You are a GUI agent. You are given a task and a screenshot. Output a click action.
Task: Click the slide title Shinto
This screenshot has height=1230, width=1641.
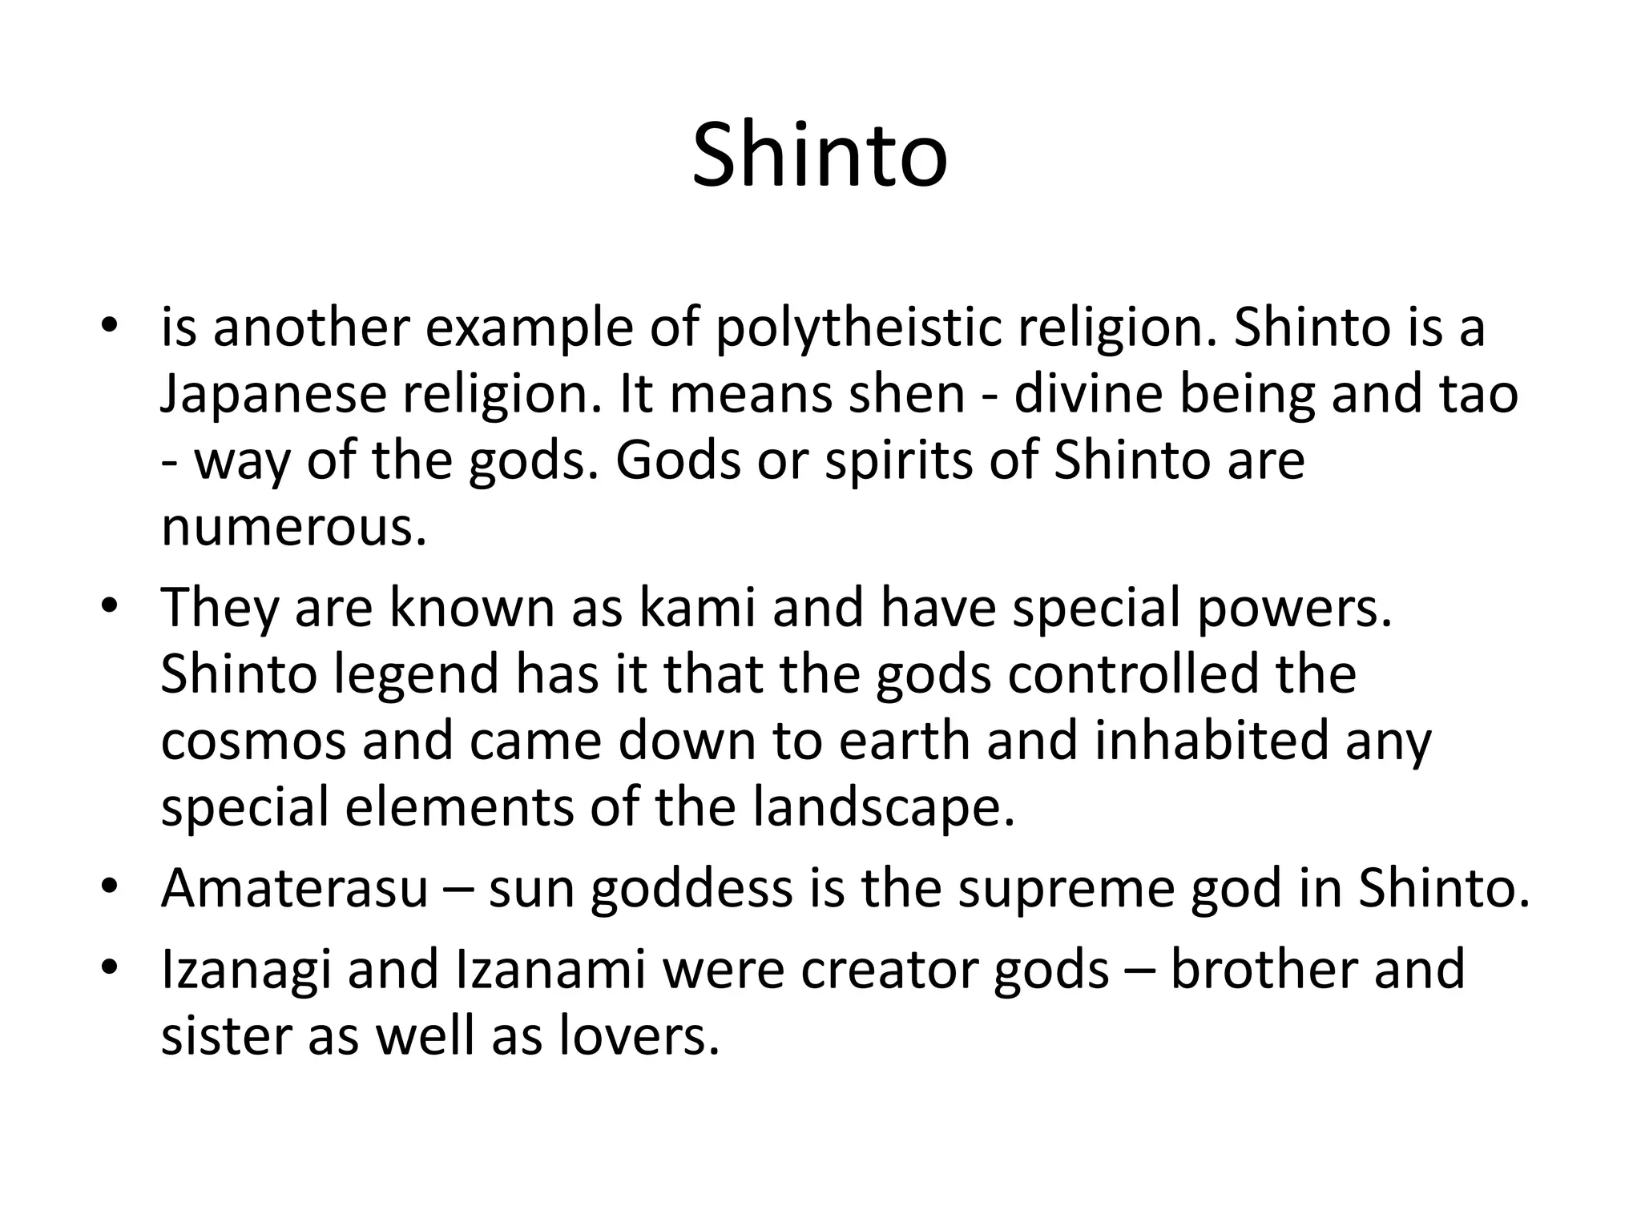pos(820,155)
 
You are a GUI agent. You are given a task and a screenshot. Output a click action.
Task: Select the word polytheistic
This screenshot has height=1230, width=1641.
pos(858,329)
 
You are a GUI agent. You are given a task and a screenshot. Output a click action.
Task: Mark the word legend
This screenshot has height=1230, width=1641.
pos(417,674)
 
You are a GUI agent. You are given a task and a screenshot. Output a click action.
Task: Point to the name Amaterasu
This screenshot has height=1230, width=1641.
pos(295,889)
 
